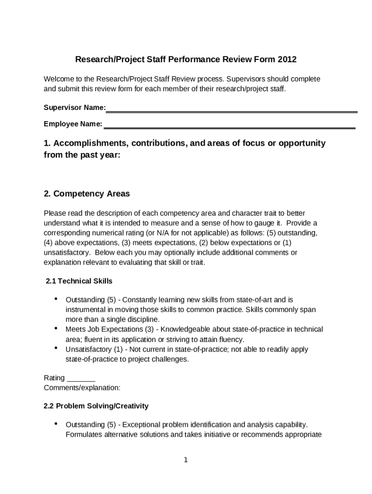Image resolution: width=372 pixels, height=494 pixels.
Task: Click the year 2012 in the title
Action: pos(287,60)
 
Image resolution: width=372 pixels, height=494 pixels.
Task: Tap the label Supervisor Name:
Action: pos(75,107)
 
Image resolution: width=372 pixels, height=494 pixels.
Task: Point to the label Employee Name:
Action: pos(73,124)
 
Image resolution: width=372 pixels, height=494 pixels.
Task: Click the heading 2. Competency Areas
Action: pos(86,194)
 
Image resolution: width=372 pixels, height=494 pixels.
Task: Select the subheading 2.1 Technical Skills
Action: pos(79,281)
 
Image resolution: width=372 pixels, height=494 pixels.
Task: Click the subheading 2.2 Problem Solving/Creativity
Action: pos(96,406)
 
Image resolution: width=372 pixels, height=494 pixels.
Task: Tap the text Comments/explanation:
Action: pos(82,387)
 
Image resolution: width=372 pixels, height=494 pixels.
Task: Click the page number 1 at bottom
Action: pos(186,460)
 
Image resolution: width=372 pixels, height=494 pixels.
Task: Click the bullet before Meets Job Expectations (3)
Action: pos(57,328)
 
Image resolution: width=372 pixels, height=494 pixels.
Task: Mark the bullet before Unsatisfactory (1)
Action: pos(57,348)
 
